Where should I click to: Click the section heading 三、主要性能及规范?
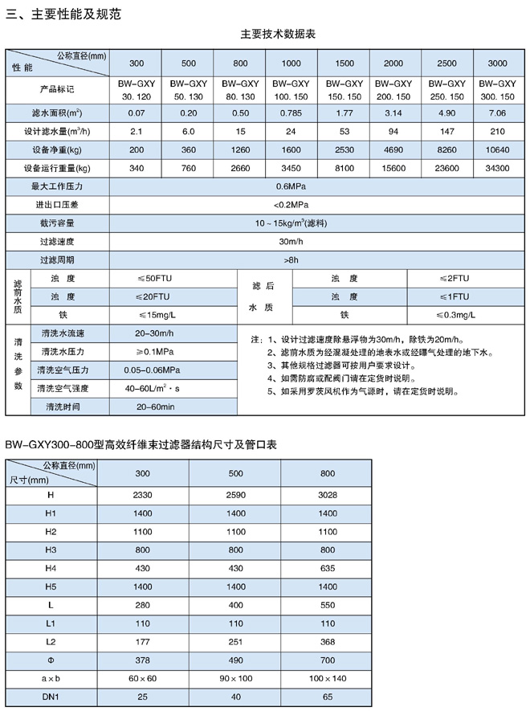coord(63,13)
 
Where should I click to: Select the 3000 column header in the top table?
coord(497,63)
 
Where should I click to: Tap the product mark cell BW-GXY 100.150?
coord(291,89)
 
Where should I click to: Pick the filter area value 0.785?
coord(291,112)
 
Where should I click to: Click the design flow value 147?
coord(446,131)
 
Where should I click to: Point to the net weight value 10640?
coord(497,150)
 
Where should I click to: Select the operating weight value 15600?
coord(393,169)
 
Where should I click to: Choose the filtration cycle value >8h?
coord(291,260)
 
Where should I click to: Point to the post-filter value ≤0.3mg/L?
coord(457,315)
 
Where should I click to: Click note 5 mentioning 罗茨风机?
coord(361,391)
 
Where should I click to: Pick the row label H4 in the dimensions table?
coord(51,569)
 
